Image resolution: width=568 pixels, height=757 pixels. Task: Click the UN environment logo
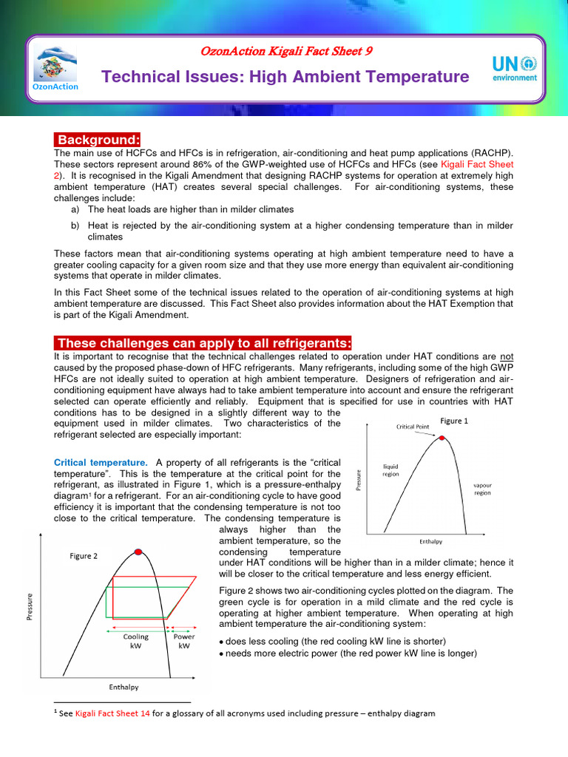(x=515, y=69)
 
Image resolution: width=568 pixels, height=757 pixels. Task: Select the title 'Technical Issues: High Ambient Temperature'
(x=285, y=77)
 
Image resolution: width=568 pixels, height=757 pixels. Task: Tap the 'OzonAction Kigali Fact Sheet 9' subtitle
(x=285, y=51)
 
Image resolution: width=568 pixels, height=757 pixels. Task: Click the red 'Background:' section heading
(x=98, y=140)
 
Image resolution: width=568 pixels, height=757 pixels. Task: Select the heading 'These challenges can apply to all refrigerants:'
(x=203, y=343)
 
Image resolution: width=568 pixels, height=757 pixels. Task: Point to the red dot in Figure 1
(x=442, y=438)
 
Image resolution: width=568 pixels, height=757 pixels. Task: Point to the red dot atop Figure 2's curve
(x=138, y=551)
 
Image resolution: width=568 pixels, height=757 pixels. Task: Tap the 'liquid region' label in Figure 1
(x=390, y=470)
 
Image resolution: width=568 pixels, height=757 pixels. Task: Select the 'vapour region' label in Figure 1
(x=482, y=489)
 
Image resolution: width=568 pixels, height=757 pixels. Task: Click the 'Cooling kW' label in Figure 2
(x=136, y=640)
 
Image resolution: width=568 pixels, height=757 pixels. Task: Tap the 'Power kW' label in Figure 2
(x=183, y=640)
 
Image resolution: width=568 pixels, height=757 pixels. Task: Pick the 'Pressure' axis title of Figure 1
(x=359, y=481)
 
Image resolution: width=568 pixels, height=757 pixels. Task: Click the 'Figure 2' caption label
(x=84, y=556)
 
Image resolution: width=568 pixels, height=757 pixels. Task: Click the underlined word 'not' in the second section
(x=506, y=356)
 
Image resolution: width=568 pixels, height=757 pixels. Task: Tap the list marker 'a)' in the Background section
(x=75, y=209)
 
